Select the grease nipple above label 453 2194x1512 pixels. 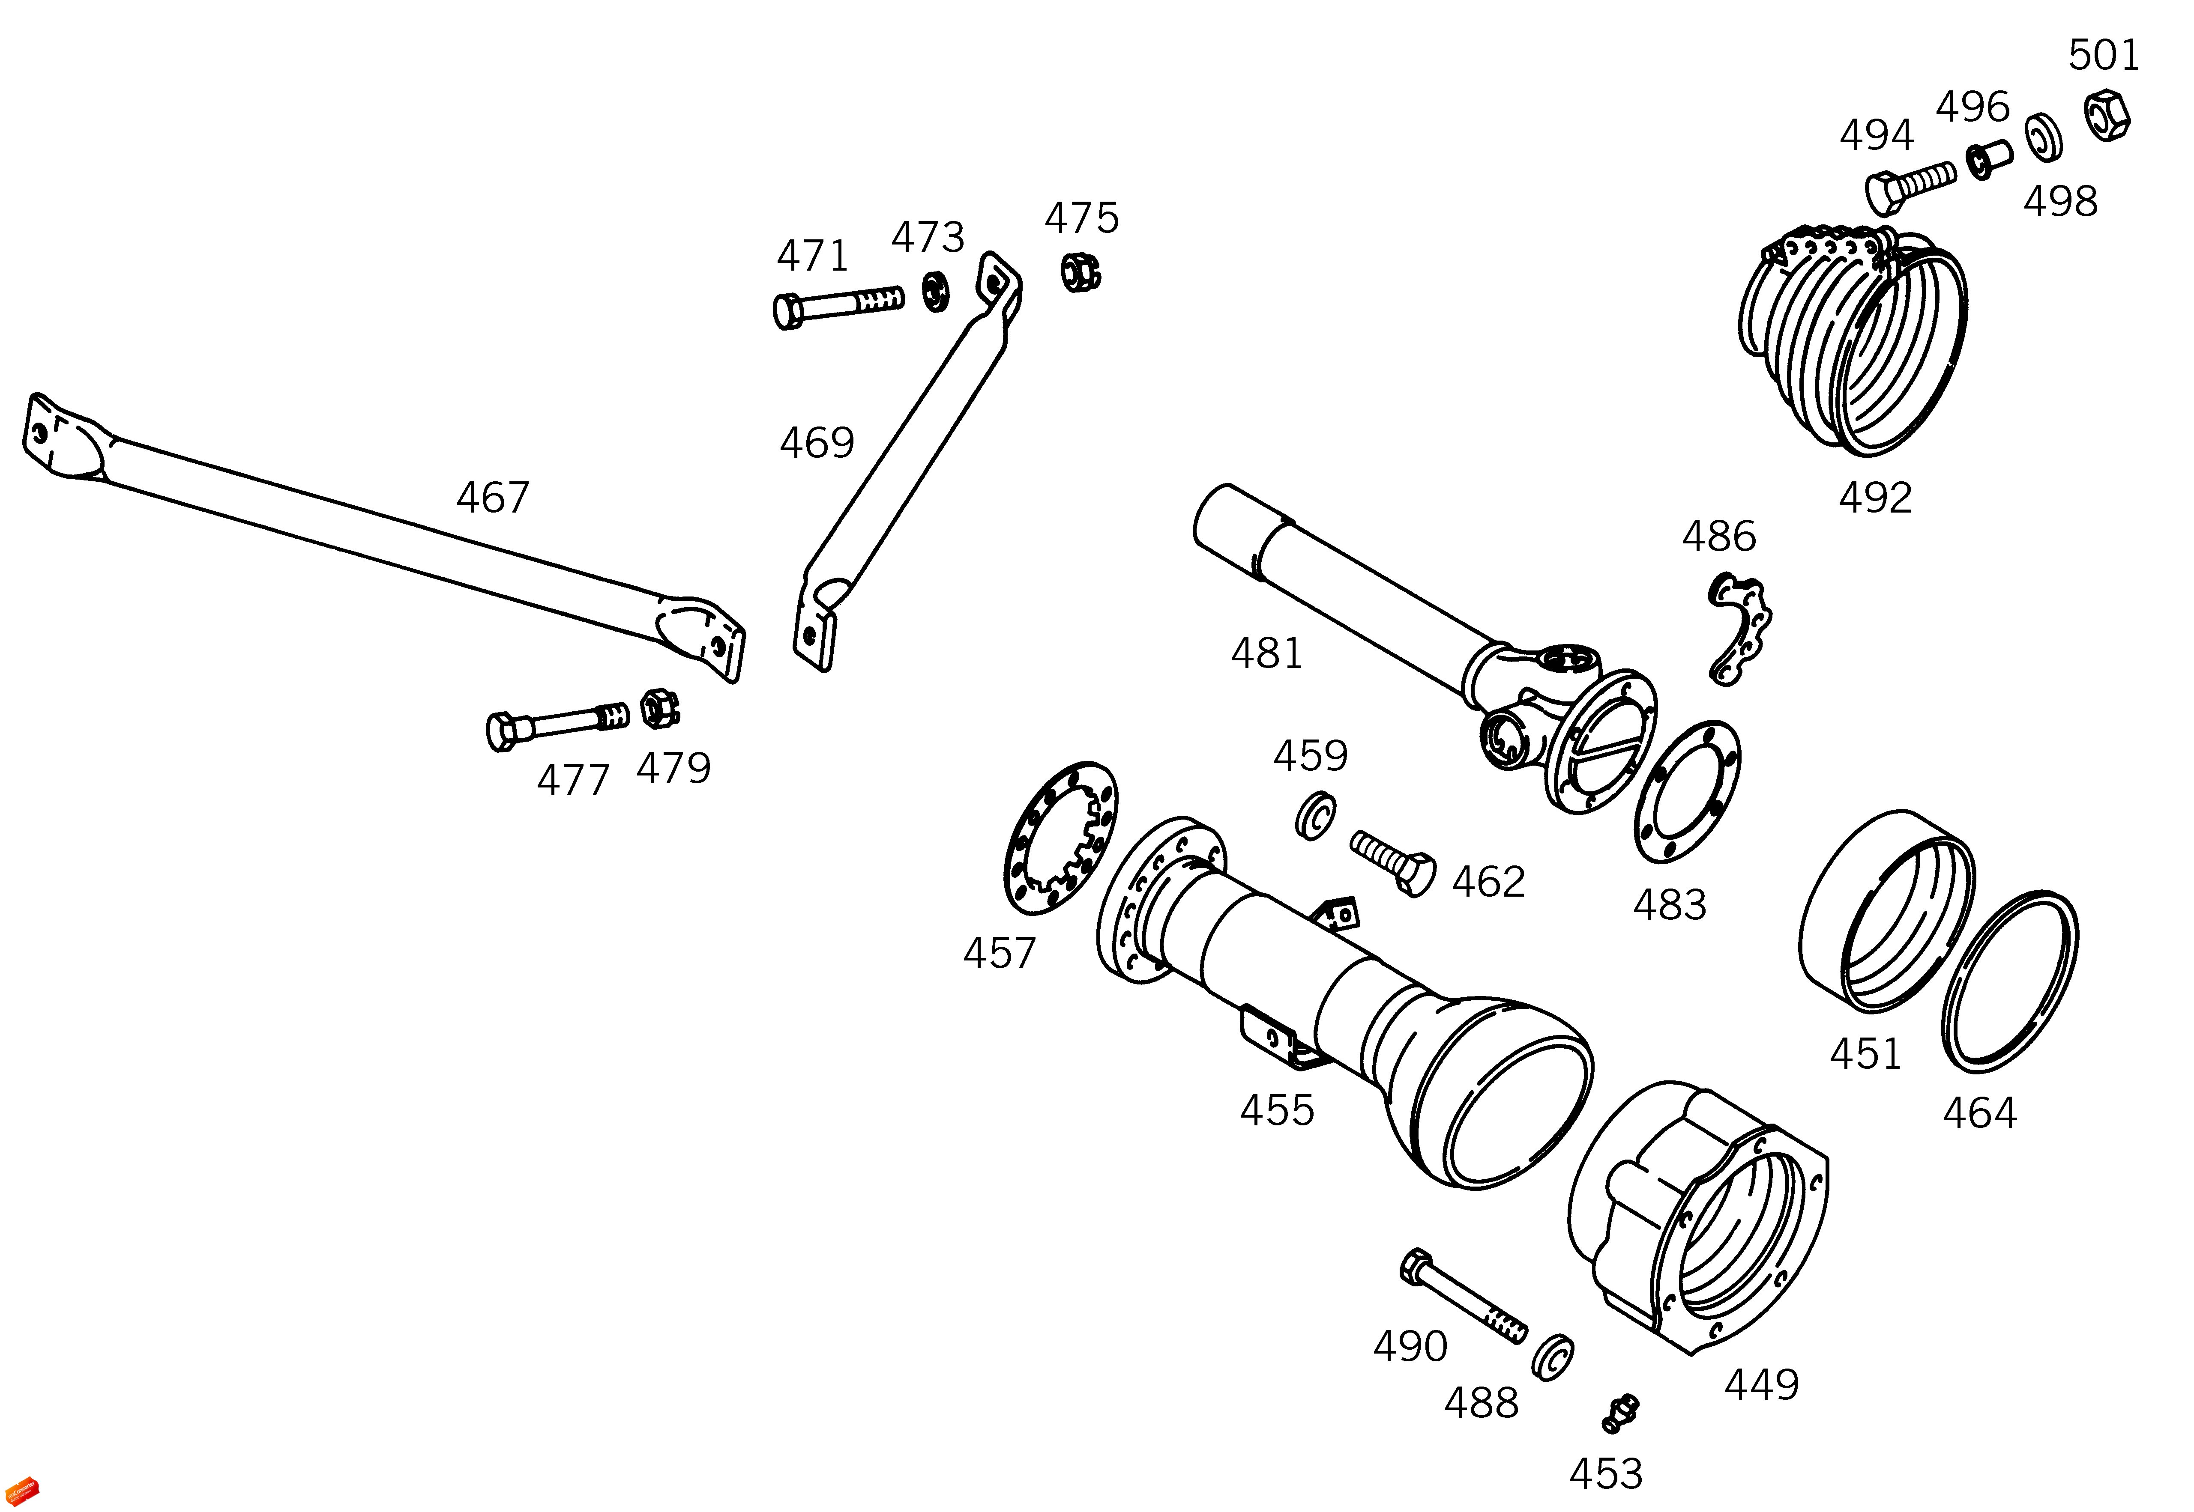click(x=1621, y=1413)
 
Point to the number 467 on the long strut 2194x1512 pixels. click(x=493, y=498)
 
